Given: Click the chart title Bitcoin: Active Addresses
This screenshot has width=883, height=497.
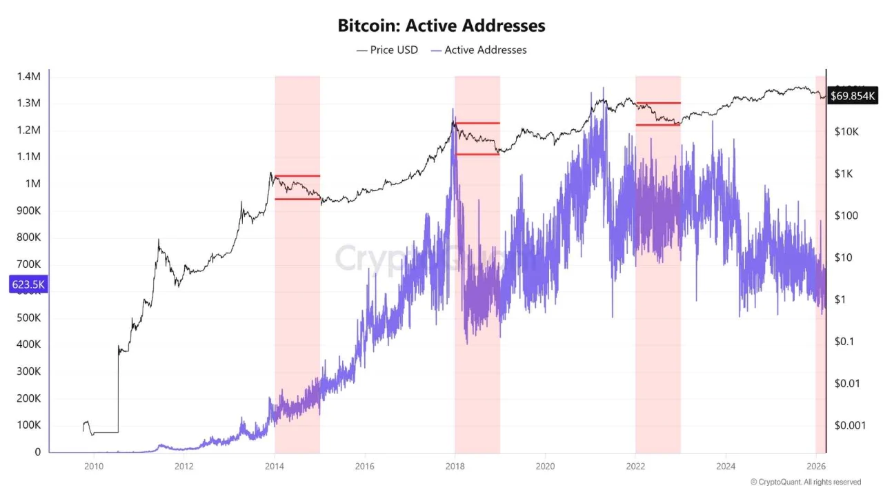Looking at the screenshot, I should [441, 26].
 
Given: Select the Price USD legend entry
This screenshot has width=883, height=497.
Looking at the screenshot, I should [387, 50].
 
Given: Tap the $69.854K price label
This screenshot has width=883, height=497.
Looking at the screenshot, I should [853, 96].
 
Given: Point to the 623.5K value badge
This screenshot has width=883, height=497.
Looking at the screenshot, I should [28, 284].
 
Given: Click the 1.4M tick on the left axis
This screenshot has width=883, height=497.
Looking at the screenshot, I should [28, 76].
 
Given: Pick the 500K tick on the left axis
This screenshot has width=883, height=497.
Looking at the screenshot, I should [28, 318].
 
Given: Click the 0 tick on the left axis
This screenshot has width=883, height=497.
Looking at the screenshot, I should [37, 452].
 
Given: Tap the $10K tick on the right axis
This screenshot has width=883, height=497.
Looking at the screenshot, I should [846, 131].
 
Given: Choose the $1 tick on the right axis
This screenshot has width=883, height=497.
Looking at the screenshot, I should [841, 300].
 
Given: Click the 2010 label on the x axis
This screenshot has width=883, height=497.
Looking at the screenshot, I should [94, 466].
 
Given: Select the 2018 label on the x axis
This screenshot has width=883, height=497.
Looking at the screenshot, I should [455, 466].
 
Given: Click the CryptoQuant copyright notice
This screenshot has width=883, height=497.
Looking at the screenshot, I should [805, 482].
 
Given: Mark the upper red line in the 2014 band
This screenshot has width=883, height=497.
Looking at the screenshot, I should [297, 176].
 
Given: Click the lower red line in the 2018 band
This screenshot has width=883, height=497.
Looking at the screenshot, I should [477, 154].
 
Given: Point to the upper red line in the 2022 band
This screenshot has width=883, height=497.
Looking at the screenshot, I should [658, 103].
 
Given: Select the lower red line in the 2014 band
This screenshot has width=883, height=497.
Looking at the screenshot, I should [297, 199].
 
